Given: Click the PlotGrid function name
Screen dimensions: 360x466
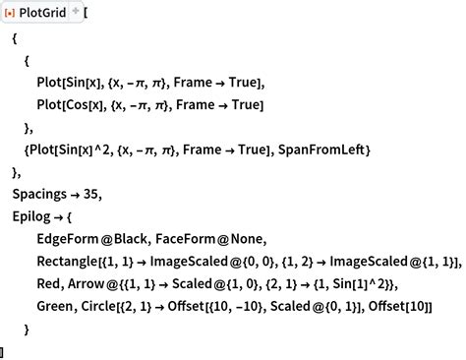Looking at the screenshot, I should click(50, 13).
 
